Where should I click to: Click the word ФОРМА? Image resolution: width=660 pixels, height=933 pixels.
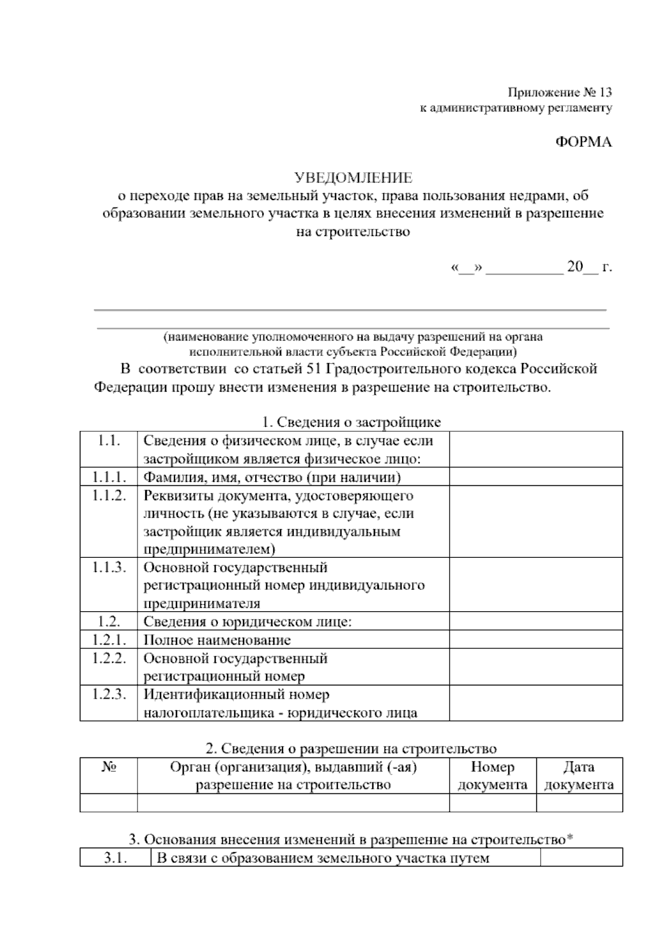[583, 142]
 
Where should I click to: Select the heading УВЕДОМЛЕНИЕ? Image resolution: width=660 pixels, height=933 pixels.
[353, 178]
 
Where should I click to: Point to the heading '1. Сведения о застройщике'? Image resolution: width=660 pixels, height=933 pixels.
[351, 422]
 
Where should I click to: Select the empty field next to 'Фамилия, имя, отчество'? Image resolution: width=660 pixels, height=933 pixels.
[536, 477]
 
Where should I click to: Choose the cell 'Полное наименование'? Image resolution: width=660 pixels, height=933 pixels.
[217, 640]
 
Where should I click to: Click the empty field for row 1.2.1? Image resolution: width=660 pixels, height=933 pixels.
[536, 640]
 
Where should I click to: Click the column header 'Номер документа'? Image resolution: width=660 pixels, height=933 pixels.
[492, 776]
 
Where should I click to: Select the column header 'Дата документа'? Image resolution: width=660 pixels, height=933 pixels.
[579, 776]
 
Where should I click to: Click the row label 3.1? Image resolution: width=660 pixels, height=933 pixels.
[116, 858]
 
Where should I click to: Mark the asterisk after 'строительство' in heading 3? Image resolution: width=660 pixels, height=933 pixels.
[570, 839]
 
